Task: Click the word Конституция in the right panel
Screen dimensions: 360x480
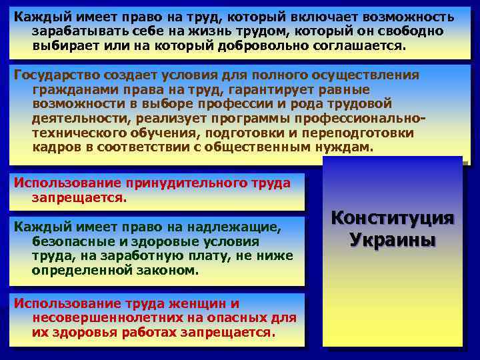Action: [x=393, y=218]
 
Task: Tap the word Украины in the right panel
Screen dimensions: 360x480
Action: [x=393, y=239]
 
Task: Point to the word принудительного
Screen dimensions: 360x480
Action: [x=177, y=183]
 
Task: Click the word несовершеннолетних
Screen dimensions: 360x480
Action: [x=104, y=318]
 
